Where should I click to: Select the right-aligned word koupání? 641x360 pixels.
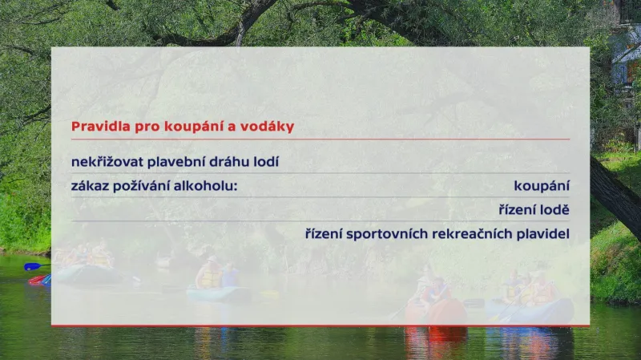542,186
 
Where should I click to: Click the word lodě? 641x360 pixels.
554,210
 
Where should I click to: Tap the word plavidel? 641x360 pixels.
542,234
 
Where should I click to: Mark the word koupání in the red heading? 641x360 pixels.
190,127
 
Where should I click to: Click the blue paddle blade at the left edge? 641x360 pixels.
31,266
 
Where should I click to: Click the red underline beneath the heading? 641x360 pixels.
320,140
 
